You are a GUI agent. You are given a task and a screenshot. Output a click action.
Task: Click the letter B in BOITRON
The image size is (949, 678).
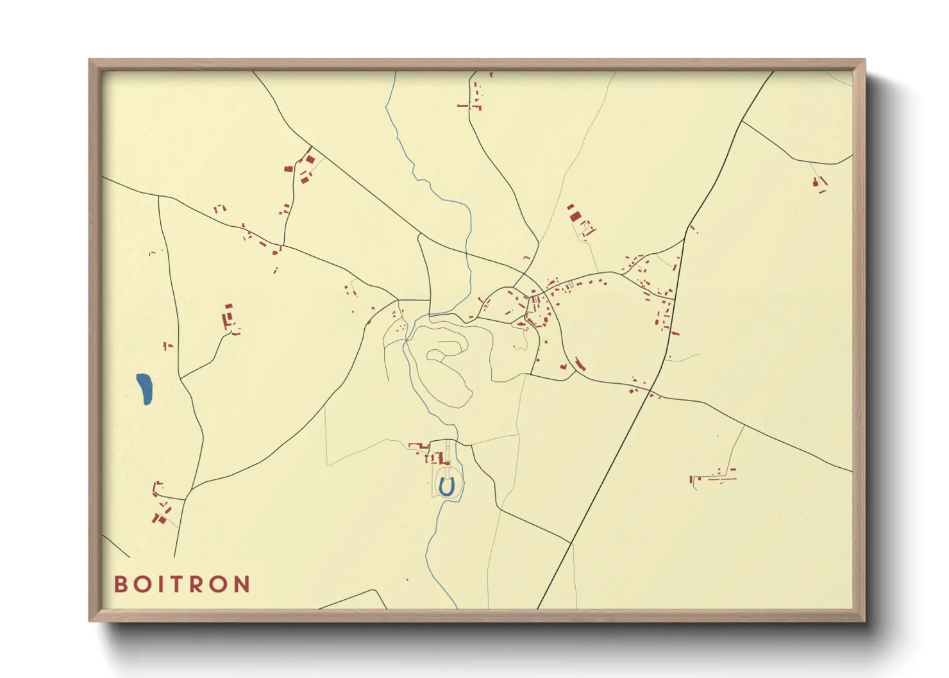[121, 584]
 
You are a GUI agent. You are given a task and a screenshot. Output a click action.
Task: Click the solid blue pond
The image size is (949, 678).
[145, 388]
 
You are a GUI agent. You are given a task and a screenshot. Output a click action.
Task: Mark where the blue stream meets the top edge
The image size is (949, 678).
[395, 72]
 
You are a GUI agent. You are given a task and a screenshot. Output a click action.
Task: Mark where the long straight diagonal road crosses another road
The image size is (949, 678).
[651, 390]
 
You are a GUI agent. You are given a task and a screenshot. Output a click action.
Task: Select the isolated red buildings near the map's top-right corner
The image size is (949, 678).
[819, 184]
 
